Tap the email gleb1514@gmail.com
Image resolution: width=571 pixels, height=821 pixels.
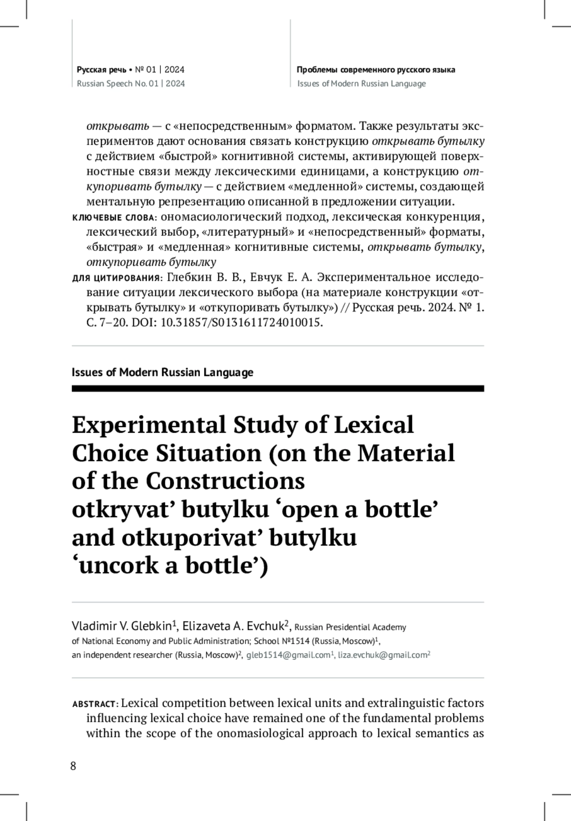288,655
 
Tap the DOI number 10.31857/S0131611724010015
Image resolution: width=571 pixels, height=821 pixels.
242,323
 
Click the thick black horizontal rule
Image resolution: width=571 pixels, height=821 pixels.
277,389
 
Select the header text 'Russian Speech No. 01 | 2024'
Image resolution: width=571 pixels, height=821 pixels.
131,84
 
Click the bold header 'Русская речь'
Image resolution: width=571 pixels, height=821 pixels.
101,70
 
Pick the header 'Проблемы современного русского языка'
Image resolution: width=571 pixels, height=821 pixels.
376,70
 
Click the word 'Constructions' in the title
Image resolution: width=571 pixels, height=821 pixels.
225,481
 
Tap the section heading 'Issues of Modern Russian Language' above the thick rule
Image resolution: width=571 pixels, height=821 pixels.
162,372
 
